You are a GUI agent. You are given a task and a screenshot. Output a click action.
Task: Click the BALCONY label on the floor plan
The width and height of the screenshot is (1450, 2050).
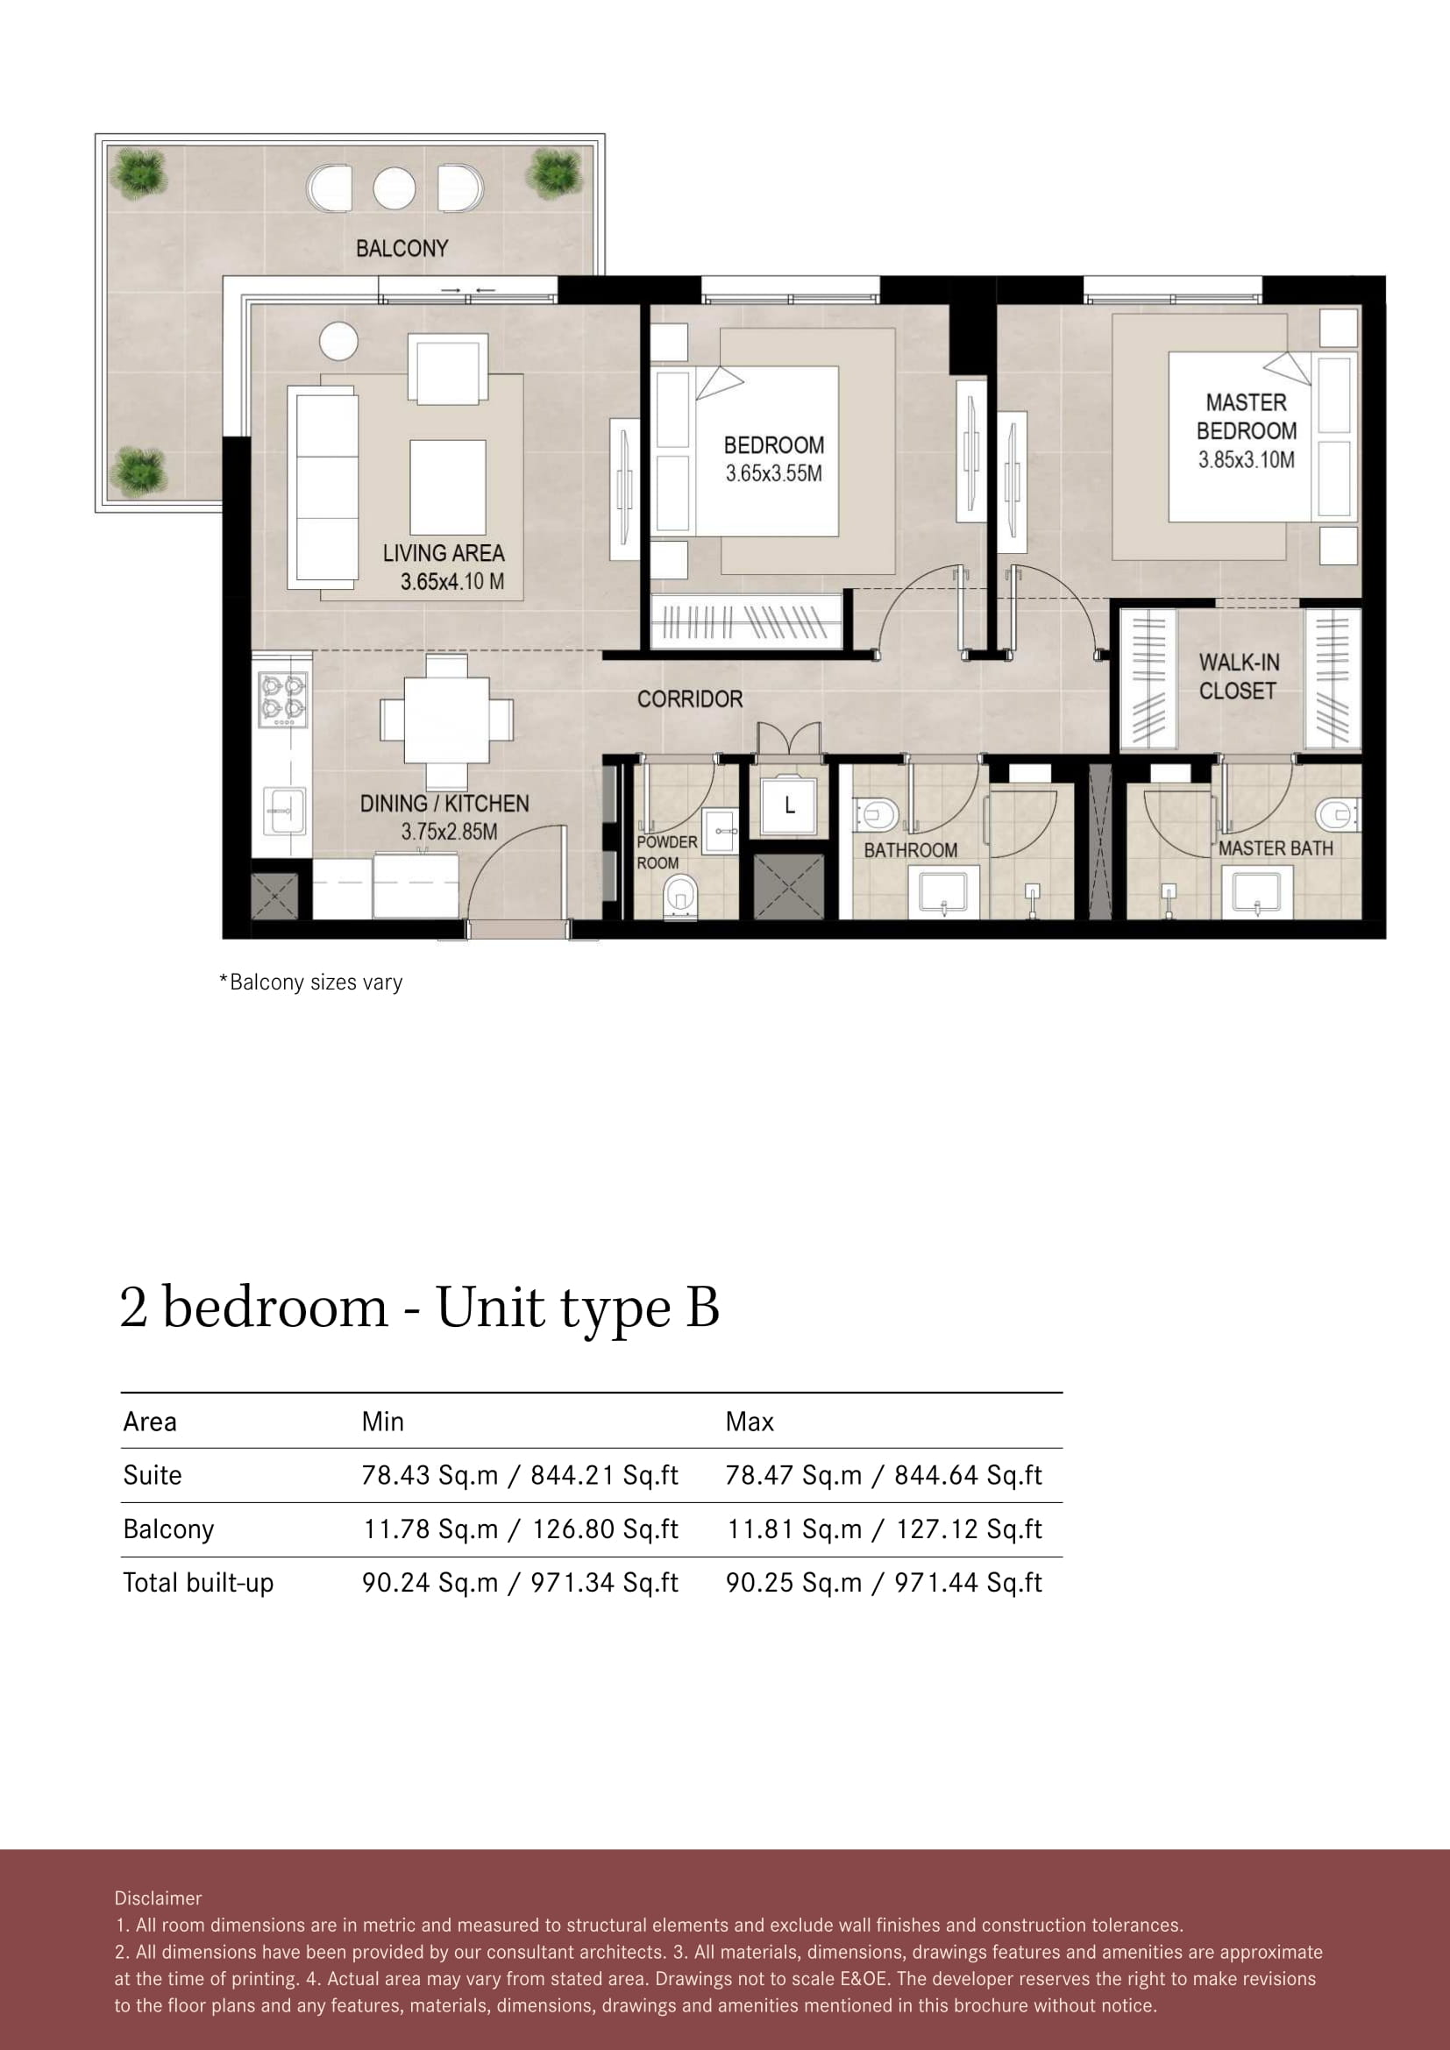(402, 248)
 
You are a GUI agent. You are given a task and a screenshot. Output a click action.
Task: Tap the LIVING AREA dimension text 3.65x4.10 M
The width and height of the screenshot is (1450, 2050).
(451, 582)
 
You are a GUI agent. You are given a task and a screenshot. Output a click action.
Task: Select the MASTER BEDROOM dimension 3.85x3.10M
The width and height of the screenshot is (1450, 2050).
(1247, 460)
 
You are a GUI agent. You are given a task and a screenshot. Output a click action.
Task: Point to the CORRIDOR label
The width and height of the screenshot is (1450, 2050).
(689, 699)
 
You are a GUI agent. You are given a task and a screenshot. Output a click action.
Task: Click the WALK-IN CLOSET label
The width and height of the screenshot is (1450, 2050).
(1239, 677)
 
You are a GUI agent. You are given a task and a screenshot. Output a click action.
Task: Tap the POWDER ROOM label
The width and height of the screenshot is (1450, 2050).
(666, 853)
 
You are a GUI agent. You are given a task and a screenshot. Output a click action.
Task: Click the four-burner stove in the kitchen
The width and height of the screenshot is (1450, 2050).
(283, 699)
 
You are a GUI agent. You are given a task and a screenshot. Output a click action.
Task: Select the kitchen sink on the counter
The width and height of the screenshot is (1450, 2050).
(285, 811)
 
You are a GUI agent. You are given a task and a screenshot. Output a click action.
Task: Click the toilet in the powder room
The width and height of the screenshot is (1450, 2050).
(680, 896)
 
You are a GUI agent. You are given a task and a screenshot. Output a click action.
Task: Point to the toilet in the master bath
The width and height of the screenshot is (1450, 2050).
(1337, 813)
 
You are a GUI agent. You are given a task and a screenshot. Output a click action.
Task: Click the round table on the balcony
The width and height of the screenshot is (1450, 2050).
(394, 188)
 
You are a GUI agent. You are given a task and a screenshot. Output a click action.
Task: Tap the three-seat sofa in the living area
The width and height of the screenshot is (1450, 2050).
(323, 487)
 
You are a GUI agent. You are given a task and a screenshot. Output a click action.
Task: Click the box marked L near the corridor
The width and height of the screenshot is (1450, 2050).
(789, 805)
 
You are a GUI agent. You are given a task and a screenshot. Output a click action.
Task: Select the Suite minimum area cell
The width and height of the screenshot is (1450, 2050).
(520, 1475)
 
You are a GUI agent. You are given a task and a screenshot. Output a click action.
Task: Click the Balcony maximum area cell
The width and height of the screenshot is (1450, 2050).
(884, 1529)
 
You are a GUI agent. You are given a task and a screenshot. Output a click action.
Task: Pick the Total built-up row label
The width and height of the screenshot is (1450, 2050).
(198, 1583)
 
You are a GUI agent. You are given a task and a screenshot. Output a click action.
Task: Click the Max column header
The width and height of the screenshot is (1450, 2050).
(749, 1422)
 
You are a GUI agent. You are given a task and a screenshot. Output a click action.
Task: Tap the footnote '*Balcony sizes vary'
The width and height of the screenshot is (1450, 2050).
(310, 982)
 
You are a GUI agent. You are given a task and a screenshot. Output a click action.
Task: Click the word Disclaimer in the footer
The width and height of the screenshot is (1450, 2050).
(158, 1898)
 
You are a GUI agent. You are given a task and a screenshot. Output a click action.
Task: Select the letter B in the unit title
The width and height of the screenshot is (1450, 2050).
(703, 1307)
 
